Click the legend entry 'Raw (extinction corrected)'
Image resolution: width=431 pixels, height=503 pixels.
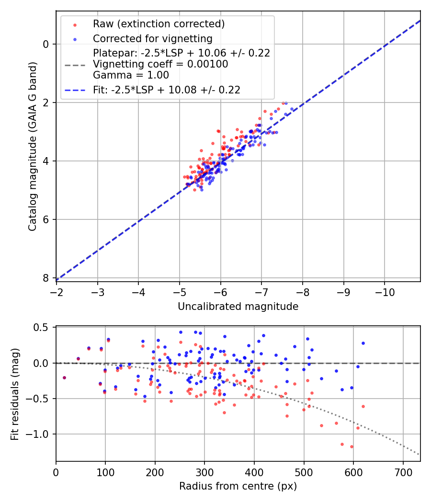click(x=159, y=24)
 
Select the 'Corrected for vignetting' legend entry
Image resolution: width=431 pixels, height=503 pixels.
click(x=152, y=38)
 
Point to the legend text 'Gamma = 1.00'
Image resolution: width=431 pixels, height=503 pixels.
click(x=131, y=75)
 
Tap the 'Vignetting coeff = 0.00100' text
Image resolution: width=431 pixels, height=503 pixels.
click(x=160, y=64)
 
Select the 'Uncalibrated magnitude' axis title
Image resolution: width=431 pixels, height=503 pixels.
click(x=238, y=307)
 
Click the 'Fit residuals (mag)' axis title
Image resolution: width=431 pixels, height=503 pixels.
click(x=15, y=394)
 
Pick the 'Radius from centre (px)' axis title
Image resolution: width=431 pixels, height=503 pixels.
click(x=238, y=486)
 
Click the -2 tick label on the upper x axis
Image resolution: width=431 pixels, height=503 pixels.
click(x=57, y=292)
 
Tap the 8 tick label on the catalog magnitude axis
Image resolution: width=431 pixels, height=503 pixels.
click(x=45, y=278)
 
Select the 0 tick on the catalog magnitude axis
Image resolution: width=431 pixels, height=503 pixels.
click(x=45, y=44)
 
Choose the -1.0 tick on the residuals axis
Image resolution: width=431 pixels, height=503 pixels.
click(x=39, y=434)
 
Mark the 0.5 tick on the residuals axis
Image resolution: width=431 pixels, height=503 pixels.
click(x=42, y=328)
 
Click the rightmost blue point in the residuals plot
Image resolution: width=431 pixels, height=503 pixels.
click(x=363, y=343)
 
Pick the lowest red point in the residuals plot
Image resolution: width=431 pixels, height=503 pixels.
click(x=352, y=446)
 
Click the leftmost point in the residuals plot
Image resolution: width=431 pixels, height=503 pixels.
click(x=64, y=377)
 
